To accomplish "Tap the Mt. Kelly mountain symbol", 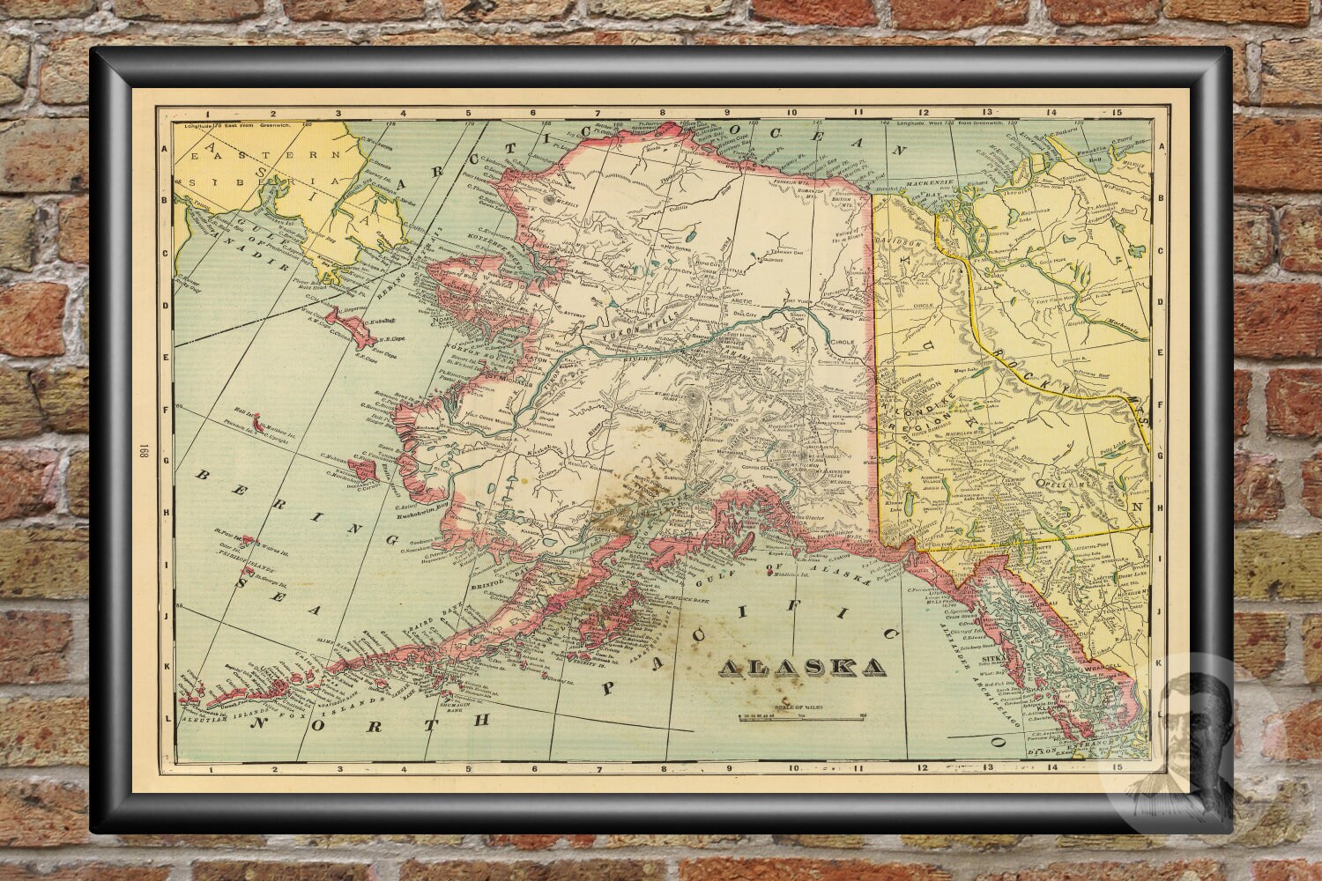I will click(x=553, y=201).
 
